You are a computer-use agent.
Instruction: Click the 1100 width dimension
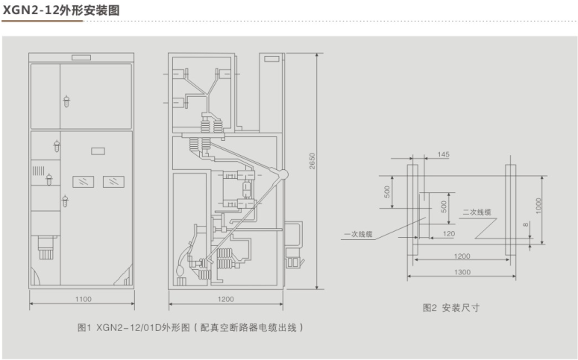click(x=83, y=299)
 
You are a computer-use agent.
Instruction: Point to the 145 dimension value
click(x=444, y=154)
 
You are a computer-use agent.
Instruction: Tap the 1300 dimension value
click(x=461, y=273)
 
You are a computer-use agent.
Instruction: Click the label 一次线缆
click(x=359, y=235)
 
